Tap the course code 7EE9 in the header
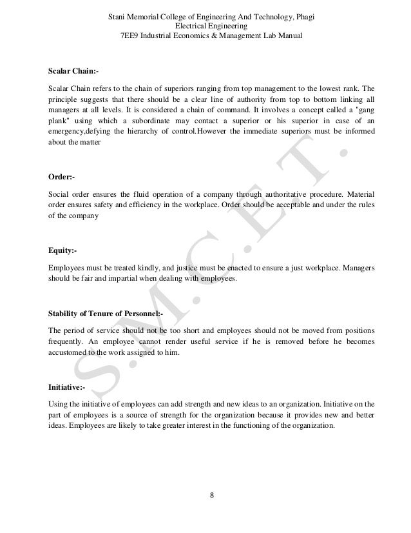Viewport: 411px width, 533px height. (131, 35)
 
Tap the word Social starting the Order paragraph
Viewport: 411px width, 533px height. (60, 194)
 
